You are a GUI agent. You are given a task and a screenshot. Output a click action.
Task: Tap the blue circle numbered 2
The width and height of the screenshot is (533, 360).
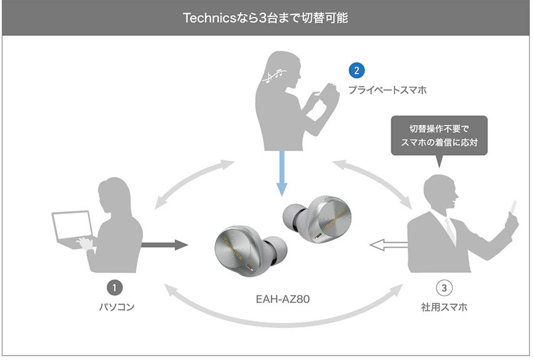coord(356,70)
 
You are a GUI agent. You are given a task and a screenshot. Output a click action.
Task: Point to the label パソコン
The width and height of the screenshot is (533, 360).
coord(115,307)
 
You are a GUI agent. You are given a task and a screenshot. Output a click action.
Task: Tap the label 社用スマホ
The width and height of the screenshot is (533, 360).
coord(443,308)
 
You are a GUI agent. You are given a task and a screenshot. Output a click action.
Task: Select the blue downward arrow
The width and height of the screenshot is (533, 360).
coord(282,173)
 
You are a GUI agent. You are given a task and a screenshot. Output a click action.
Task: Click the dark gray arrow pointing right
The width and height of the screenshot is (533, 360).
coord(164,244)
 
